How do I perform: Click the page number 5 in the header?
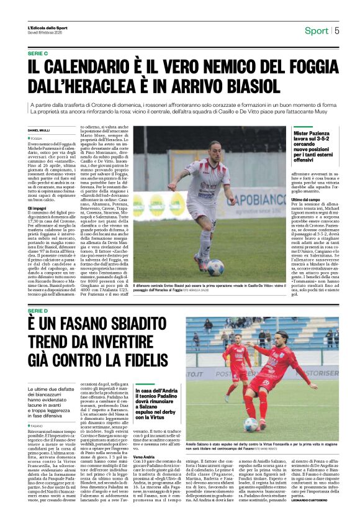337,30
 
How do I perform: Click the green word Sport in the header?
317,30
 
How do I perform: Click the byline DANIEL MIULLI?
40,130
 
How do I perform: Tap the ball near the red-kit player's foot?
251,424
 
